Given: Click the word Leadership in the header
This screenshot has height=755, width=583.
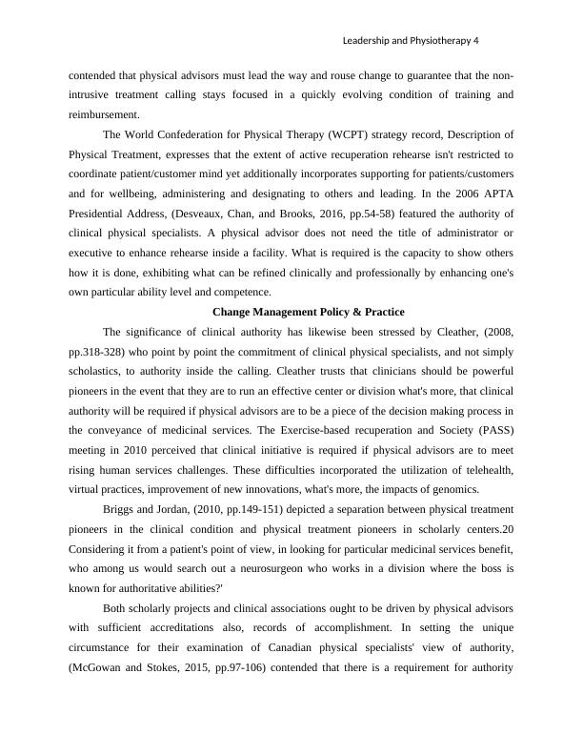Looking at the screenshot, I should point(367,41).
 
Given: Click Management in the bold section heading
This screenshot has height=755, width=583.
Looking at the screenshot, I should point(287,312).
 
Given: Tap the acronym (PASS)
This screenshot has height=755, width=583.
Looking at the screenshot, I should point(493,432).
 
